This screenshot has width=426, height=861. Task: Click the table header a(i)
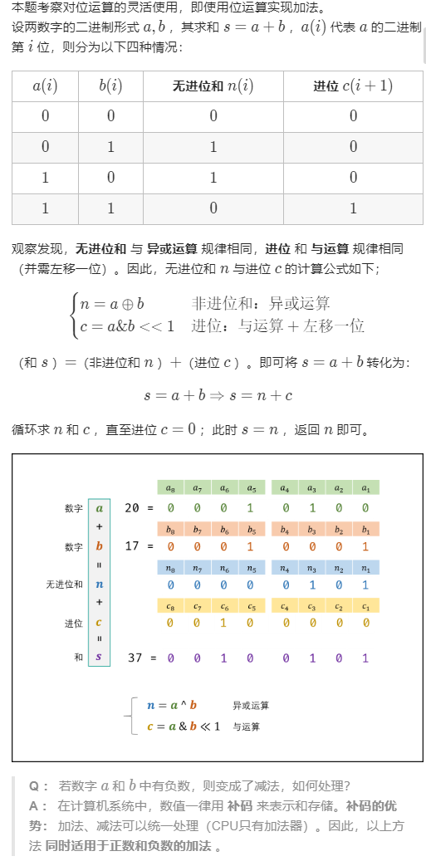click(x=45, y=86)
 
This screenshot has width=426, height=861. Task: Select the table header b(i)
click(x=110, y=86)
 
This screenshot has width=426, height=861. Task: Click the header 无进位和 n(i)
click(x=213, y=86)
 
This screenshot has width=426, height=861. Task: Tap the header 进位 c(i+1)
click(x=353, y=86)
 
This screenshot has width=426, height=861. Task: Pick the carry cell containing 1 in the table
click(x=353, y=208)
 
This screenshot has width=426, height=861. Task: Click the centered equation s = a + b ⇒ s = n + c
click(x=218, y=395)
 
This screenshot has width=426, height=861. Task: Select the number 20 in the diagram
click(x=133, y=508)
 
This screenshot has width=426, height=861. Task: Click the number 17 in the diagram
click(x=133, y=546)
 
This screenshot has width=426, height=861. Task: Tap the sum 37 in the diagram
click(x=136, y=658)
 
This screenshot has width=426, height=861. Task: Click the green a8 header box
click(x=170, y=488)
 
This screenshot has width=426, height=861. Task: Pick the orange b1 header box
click(x=365, y=527)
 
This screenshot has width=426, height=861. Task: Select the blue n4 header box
click(x=285, y=566)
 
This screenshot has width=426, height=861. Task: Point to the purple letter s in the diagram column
click(x=99, y=658)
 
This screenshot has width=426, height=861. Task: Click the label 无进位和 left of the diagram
click(x=65, y=585)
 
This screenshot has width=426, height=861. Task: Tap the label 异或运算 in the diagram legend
click(x=251, y=705)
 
